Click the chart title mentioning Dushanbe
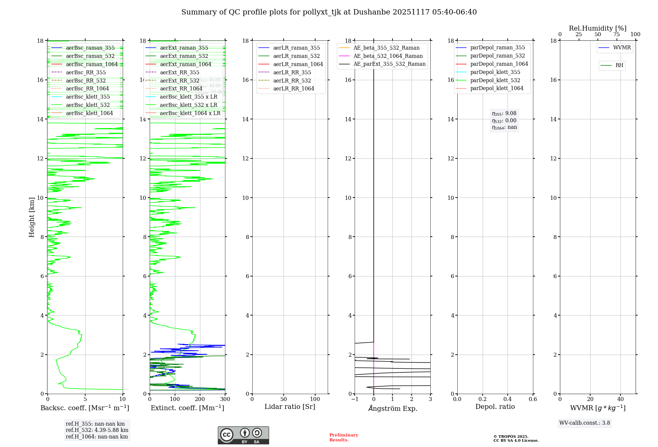[329, 12]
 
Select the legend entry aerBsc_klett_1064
[89, 113]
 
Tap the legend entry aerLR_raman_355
[296, 48]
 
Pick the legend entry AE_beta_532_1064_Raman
[388, 56]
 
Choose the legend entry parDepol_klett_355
[495, 72]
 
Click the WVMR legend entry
[622, 48]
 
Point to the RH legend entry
[619, 65]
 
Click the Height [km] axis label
[32, 217]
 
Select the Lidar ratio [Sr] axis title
[290, 407]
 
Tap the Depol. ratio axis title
[495, 407]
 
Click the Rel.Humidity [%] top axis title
[597, 28]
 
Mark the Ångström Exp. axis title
[392, 408]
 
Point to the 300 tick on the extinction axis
[225, 399]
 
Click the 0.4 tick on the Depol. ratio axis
[508, 399]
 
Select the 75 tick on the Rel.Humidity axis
[617, 35]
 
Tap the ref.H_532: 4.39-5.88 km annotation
[97, 430]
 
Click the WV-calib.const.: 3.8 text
[585, 423]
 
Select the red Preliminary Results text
[343, 437]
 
